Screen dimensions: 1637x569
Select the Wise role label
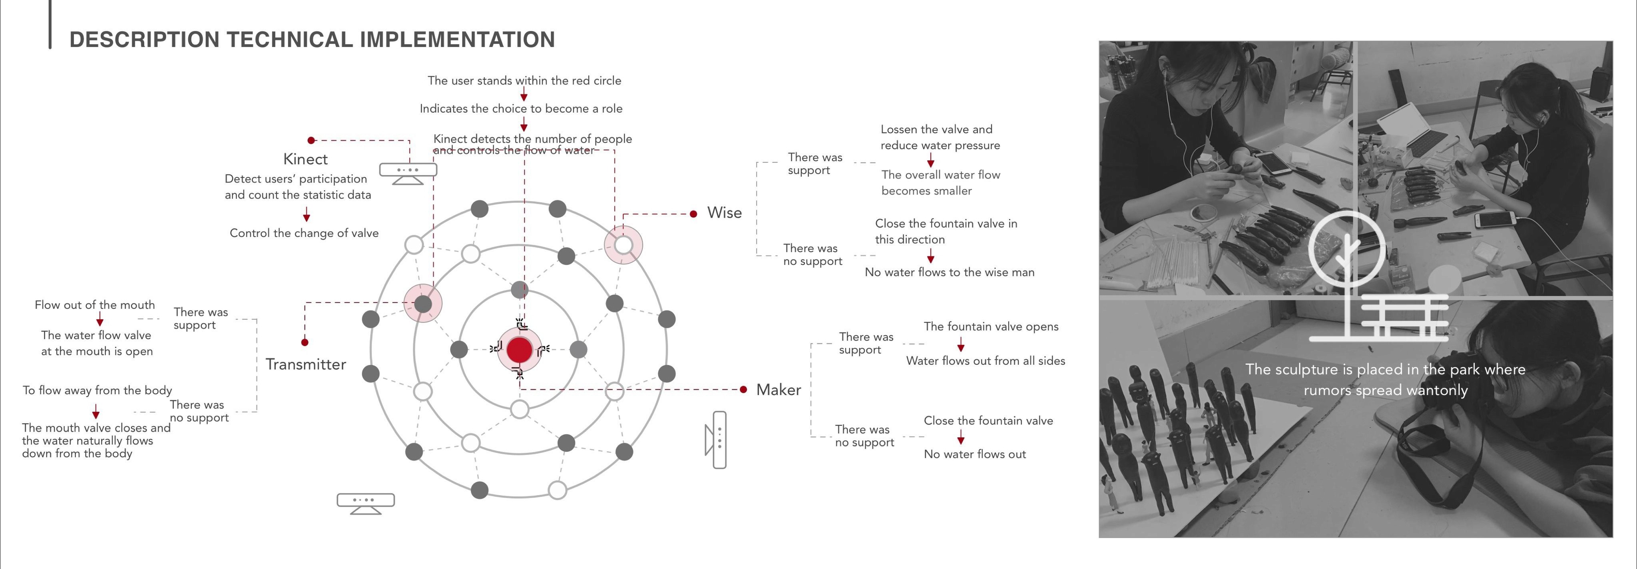[725, 213]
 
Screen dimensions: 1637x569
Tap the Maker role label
[779, 390]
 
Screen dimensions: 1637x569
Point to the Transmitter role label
[306, 365]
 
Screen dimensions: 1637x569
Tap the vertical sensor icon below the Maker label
[717, 440]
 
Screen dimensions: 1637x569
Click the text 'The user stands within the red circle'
[524, 81]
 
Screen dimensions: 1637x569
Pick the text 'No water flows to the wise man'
[950, 272]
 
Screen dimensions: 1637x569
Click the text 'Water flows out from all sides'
[985, 361]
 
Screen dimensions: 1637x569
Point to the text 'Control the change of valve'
[304, 233]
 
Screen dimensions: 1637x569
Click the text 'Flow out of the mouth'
[95, 305]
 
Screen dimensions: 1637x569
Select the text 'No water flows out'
[974, 454]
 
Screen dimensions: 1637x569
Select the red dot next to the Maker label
[743, 389]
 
